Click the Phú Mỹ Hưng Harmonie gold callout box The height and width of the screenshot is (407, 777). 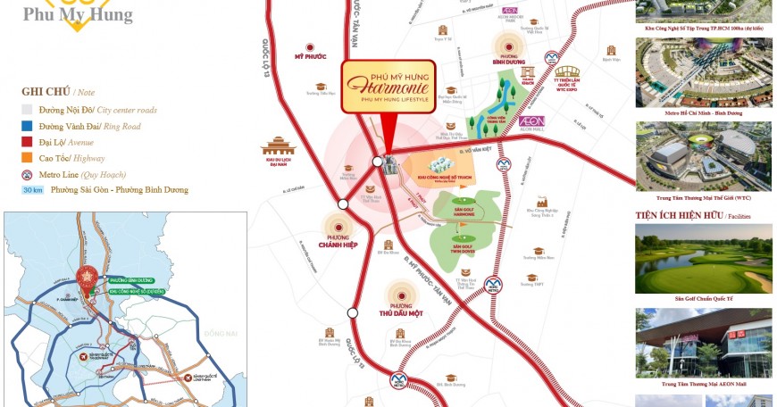click(x=388, y=87)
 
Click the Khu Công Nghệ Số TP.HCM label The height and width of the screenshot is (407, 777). click(x=438, y=179)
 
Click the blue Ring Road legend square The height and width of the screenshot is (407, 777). click(x=28, y=126)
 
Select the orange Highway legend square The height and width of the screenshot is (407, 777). click(x=28, y=158)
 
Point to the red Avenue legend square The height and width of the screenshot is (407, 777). click(x=28, y=142)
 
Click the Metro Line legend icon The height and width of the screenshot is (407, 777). click(x=29, y=174)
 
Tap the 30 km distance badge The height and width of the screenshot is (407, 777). click(x=33, y=190)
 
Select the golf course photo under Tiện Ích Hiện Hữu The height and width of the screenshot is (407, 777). click(x=704, y=258)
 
